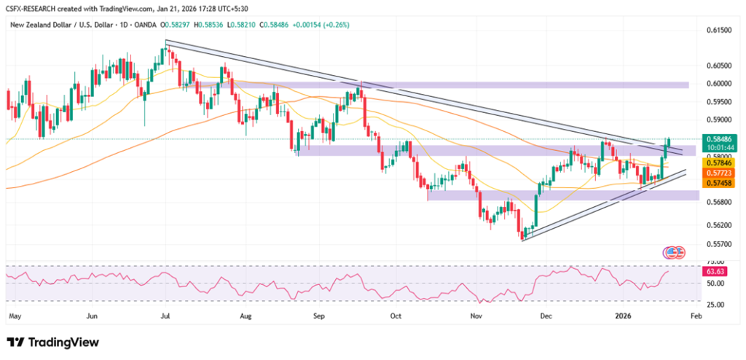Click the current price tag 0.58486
tap(718, 137)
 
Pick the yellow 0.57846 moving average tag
tap(718, 163)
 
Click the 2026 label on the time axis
tap(624, 317)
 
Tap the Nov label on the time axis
tap(476, 317)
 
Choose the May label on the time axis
tap(14, 317)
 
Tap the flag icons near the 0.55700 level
tap(674, 252)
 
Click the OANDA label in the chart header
tap(149, 25)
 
